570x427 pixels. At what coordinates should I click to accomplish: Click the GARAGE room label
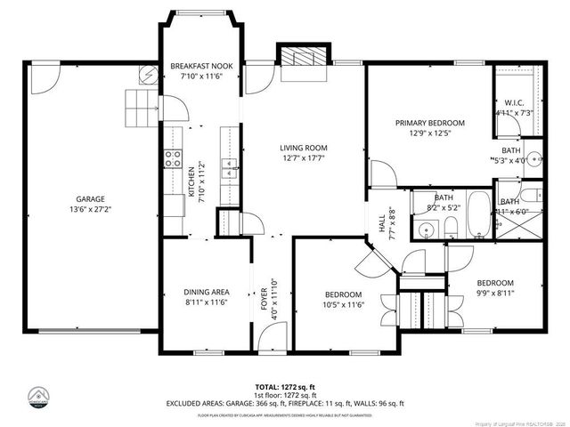coord(90,198)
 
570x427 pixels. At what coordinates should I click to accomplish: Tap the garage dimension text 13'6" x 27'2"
coord(90,209)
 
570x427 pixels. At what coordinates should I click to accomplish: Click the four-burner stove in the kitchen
coord(172,160)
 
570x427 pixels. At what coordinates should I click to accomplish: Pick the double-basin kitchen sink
coord(229,164)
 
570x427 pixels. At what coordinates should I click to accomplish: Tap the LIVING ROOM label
coord(304,148)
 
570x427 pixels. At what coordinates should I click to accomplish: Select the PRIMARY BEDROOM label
coord(430,123)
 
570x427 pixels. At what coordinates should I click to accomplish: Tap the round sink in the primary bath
coord(535,161)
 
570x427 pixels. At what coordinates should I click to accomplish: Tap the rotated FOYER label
coord(264,301)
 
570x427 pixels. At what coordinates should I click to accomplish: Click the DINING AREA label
coord(207,292)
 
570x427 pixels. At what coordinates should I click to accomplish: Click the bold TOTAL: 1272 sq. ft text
coord(285,387)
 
